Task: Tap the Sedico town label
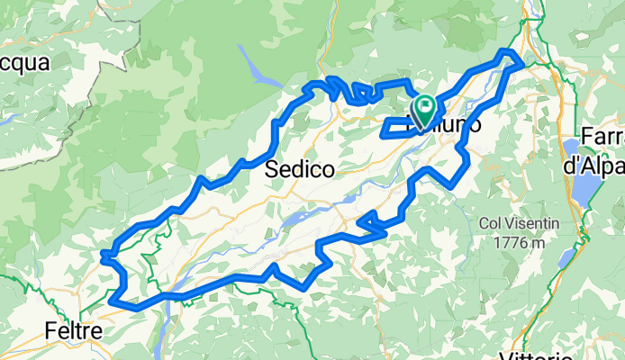[301, 168]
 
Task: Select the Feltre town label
[73, 331]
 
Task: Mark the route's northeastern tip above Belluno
[510, 54]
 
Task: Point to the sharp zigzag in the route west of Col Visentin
[369, 220]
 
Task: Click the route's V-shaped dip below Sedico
[306, 283]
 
